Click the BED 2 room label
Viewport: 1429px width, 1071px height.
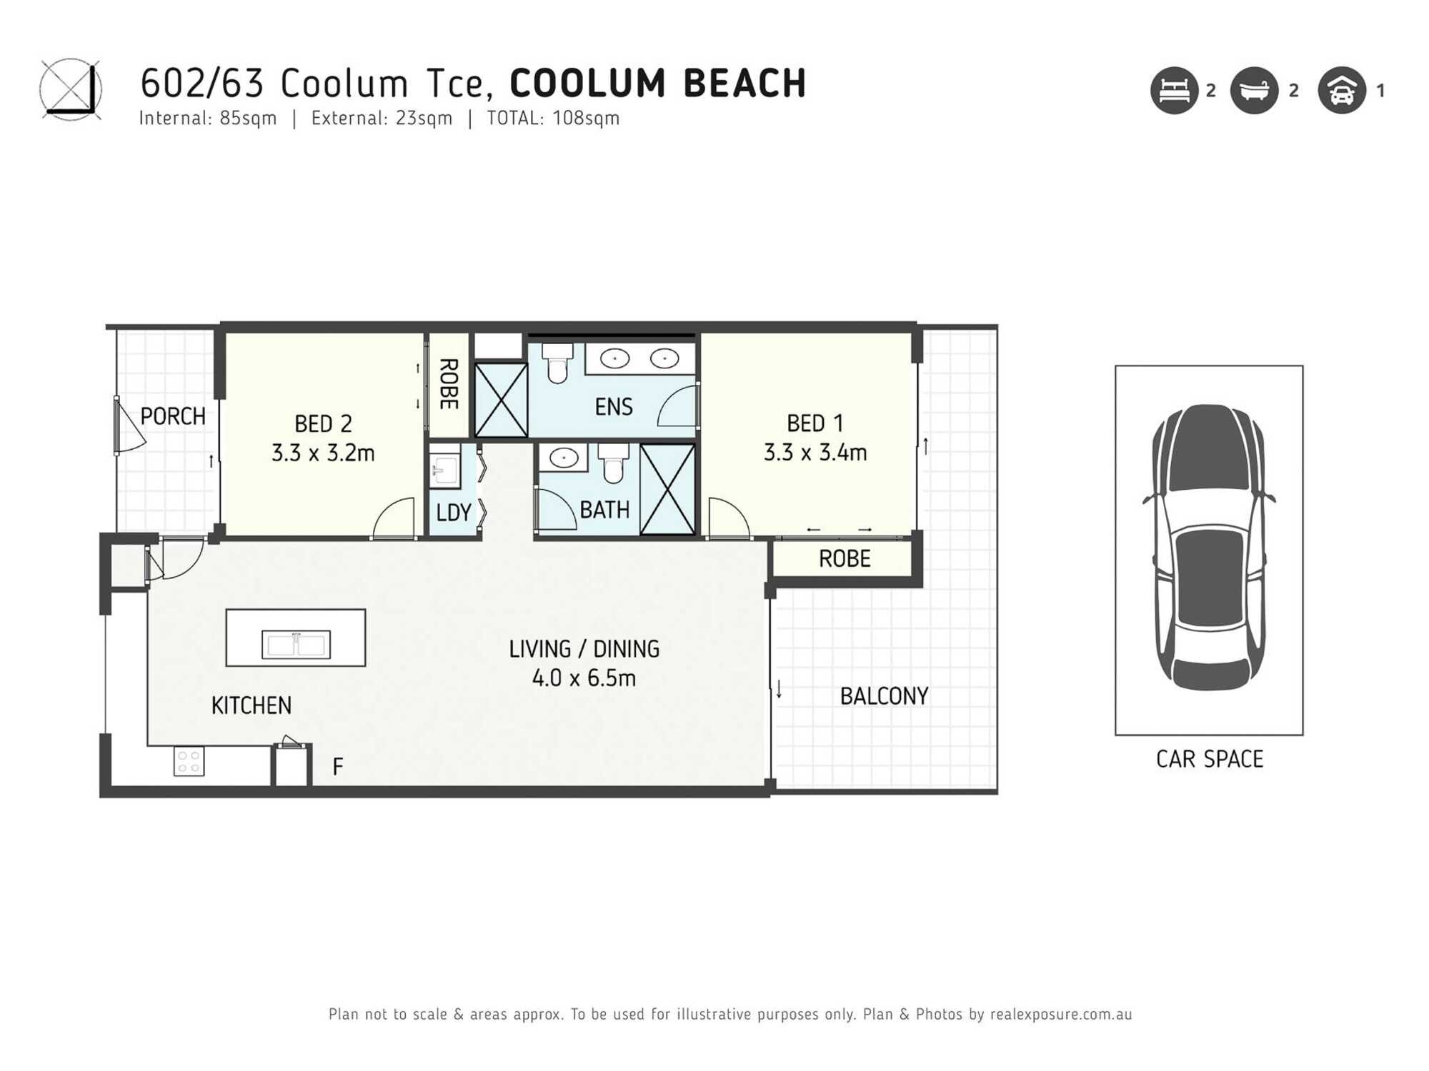point(323,423)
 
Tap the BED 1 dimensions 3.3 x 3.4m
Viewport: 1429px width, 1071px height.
point(815,453)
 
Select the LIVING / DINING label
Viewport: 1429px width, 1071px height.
point(584,649)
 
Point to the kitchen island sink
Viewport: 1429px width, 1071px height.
point(296,645)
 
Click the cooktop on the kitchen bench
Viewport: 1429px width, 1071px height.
point(189,761)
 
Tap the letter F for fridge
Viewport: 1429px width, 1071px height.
point(338,767)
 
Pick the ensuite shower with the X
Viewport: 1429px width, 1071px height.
point(501,400)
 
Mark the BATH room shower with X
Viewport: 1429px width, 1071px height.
point(667,489)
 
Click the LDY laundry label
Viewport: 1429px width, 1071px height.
point(453,513)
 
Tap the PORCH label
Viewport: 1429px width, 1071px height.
point(172,416)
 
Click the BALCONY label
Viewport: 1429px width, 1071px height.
point(884,696)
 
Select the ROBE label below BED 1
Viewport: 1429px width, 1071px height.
point(844,559)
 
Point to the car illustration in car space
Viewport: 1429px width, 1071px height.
point(1209,547)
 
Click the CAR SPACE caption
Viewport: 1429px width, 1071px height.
point(1209,759)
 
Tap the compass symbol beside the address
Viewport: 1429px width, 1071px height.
point(70,89)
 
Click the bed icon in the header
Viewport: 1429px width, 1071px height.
point(1174,91)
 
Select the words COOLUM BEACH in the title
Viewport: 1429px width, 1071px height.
point(657,84)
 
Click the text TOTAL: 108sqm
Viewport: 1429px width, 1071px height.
point(553,119)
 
